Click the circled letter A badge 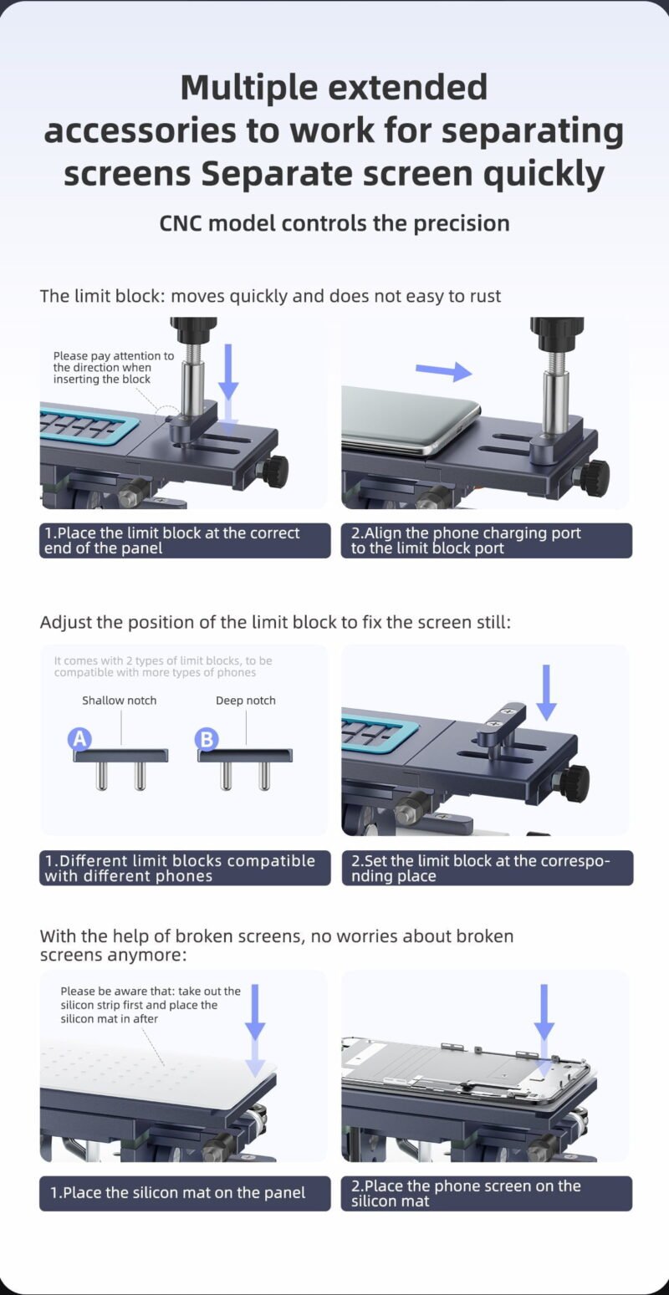79,738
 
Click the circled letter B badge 207,739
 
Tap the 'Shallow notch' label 119,700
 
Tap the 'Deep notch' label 246,700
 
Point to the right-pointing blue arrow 443,370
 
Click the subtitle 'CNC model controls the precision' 334,223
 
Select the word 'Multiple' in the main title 249,88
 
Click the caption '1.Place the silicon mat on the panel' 177,1193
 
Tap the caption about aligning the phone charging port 466,540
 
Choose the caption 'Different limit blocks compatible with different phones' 180,868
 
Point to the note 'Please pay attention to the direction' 114,367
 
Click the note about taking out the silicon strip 151,1005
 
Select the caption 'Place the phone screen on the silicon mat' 466,1193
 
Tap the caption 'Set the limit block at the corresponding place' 481,868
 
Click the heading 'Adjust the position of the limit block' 275,622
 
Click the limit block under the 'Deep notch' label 245,769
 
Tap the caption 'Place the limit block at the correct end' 171,540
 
